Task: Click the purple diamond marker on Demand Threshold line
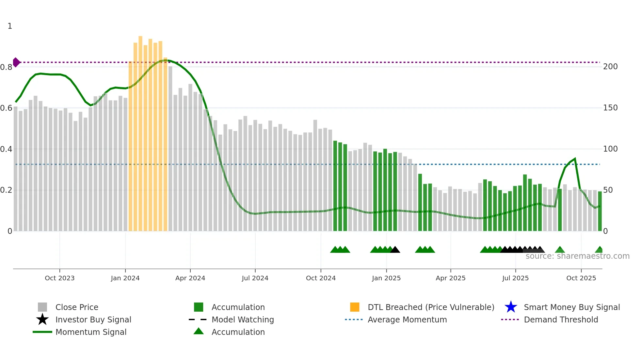16,62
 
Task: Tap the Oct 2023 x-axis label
59,278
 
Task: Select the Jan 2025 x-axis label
386,278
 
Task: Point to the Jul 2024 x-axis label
255,278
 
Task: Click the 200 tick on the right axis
610,67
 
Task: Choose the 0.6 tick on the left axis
6,108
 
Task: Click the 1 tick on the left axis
10,26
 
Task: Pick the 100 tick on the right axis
610,149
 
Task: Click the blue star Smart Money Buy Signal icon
511,307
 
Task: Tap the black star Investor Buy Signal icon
42,319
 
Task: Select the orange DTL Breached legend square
355,307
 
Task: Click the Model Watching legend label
243,319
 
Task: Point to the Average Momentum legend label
407,319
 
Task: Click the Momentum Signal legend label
91,332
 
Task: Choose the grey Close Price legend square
42,307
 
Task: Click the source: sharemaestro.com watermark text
577,256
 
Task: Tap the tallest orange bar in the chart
140,131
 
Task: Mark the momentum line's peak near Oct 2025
575,159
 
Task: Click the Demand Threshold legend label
561,319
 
